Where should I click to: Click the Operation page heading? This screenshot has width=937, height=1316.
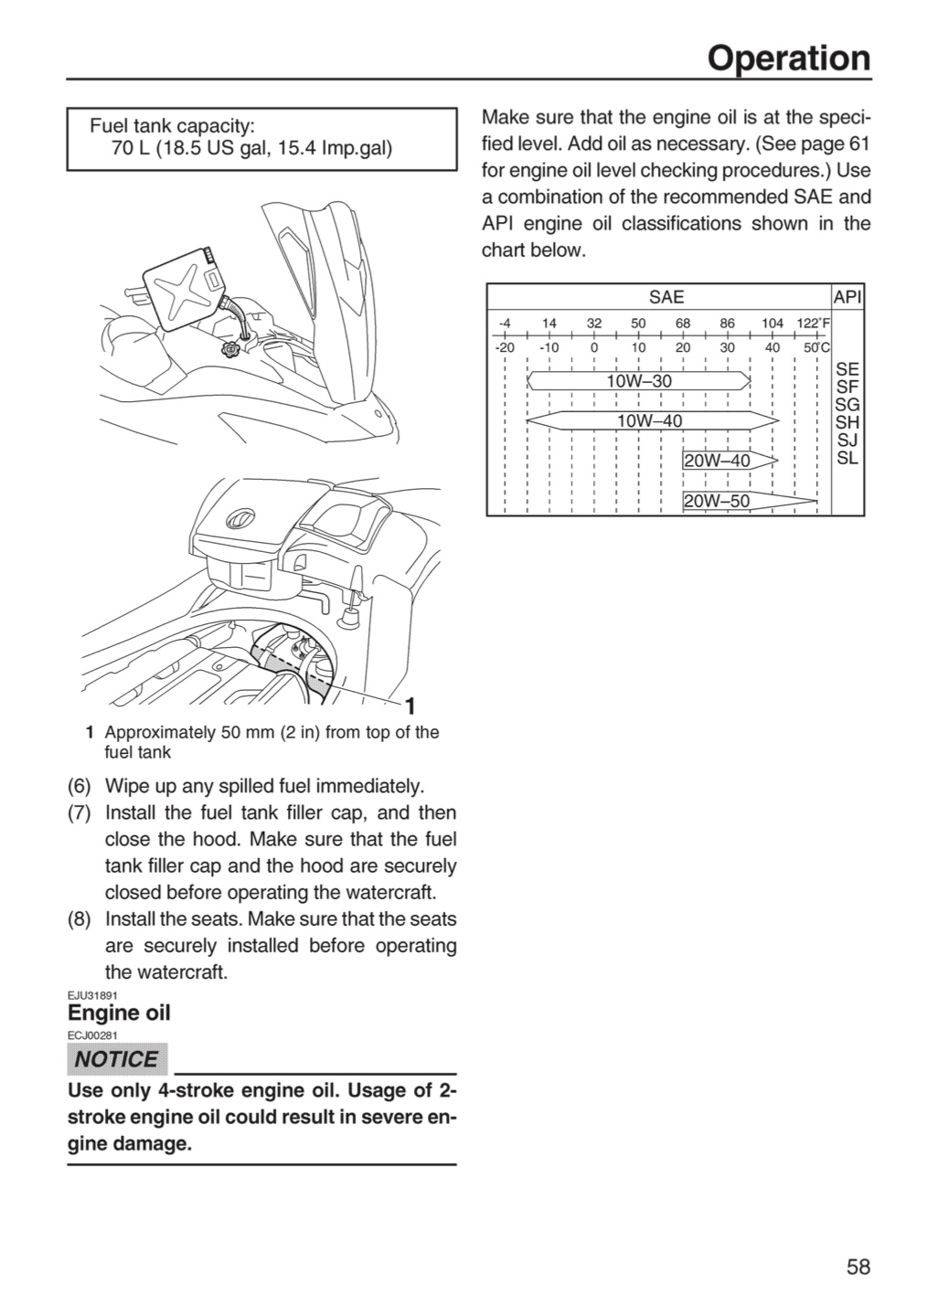[x=789, y=58]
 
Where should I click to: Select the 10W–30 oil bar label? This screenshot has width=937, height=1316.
[x=639, y=381]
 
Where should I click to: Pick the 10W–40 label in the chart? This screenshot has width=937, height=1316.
[x=650, y=420]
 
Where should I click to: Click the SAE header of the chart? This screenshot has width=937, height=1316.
[x=666, y=297]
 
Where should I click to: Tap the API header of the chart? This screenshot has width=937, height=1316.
[x=847, y=297]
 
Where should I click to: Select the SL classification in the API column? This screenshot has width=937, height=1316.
[x=847, y=458]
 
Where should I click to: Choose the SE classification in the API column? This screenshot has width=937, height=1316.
[x=847, y=369]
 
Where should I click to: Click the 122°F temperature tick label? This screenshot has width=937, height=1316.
[x=814, y=324]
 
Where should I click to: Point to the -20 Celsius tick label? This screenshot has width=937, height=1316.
[x=505, y=347]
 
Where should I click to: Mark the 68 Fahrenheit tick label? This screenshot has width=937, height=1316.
[x=683, y=324]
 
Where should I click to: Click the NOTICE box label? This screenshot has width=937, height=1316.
[x=117, y=1059]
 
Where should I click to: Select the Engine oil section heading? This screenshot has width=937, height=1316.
[x=119, y=1013]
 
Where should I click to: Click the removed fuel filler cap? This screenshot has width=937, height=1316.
[x=229, y=350]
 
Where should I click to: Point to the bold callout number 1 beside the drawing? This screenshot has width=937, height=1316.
[x=410, y=706]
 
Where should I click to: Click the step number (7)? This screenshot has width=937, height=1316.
[x=80, y=813]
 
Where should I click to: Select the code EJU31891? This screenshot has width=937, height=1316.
[x=92, y=995]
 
